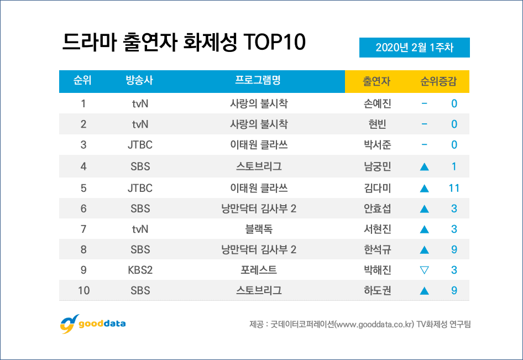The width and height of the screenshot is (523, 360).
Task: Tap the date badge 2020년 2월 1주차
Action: (414, 48)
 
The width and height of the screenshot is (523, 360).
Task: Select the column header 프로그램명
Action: (258, 81)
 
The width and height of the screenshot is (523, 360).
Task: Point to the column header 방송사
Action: (139, 81)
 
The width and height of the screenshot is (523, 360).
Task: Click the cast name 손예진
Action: (377, 103)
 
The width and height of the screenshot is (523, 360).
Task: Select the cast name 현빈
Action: (377, 124)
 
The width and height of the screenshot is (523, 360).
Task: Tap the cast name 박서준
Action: (377, 145)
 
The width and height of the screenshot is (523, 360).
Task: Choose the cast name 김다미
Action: (377, 188)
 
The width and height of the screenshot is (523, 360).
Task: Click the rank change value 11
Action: (454, 188)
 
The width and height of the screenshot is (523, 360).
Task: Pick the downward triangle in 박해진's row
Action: (425, 270)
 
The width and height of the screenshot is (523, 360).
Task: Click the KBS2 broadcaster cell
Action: (140, 270)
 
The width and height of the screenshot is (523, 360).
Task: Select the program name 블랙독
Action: (258, 228)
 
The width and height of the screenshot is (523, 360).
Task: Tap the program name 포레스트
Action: (258, 270)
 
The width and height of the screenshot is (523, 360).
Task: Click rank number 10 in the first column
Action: (83, 290)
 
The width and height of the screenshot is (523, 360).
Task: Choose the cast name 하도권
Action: (377, 290)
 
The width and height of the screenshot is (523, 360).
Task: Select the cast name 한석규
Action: (377, 249)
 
